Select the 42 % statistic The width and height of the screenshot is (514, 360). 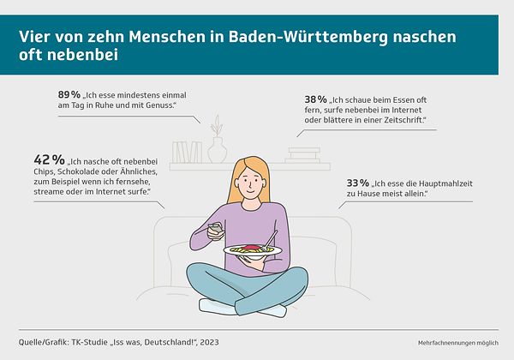(49, 160)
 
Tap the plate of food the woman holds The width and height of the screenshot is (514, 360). (253, 249)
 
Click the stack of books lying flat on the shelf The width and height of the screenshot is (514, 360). (302, 155)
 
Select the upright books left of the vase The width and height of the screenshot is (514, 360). (181, 152)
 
